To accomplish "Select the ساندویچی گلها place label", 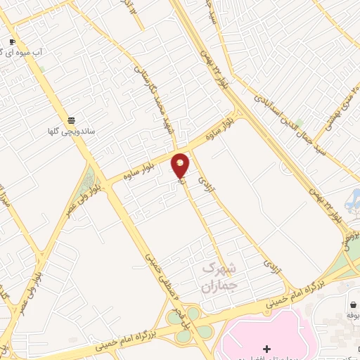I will tap(71, 131).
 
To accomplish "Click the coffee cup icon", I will tap(12, 41).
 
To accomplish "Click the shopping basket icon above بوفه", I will tap(352, 304).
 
